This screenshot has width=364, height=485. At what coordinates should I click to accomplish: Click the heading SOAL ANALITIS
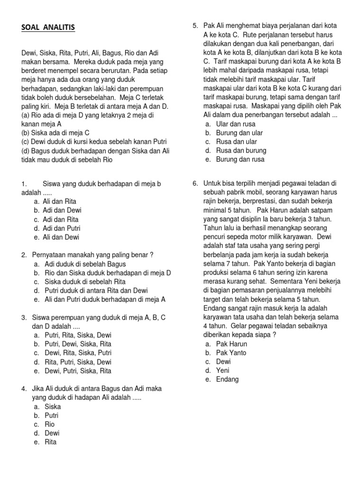click(48, 28)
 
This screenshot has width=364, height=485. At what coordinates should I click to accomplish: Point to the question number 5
click(194, 25)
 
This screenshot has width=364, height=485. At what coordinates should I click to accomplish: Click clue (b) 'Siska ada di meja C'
click(55, 133)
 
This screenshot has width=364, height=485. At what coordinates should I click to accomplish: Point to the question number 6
click(194, 183)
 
